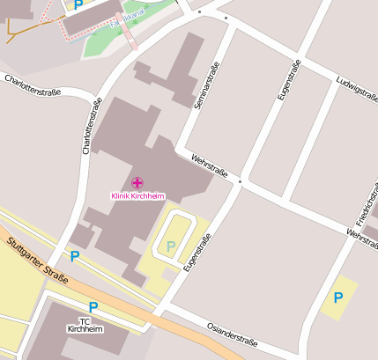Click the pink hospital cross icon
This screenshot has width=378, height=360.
click(137, 182)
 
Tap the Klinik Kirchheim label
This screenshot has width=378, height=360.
click(137, 195)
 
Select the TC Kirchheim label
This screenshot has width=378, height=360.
click(85, 325)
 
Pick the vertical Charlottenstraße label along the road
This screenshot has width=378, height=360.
click(90, 125)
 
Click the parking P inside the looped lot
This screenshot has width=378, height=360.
click(172, 246)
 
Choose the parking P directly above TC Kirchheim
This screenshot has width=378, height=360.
click(93, 307)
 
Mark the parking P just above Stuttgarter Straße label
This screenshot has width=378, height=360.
click(75, 256)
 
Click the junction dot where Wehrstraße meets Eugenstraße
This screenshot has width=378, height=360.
click(240, 182)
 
